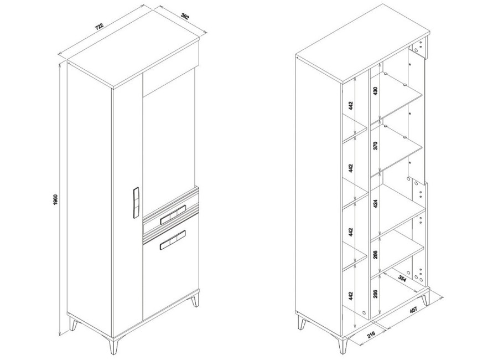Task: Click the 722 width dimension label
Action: (x=100, y=26)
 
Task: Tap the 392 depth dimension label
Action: (x=184, y=16)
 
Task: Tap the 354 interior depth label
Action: (x=402, y=279)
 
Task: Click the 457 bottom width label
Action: (x=413, y=310)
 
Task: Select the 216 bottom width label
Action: (x=371, y=334)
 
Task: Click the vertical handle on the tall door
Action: (x=136, y=203)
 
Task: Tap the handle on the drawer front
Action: (x=173, y=215)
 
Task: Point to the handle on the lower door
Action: (x=173, y=239)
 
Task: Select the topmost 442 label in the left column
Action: (x=351, y=105)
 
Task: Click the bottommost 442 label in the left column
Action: (x=351, y=296)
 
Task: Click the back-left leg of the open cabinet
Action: (x=302, y=323)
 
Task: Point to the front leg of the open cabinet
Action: (x=343, y=346)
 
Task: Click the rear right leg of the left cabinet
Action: (x=195, y=300)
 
